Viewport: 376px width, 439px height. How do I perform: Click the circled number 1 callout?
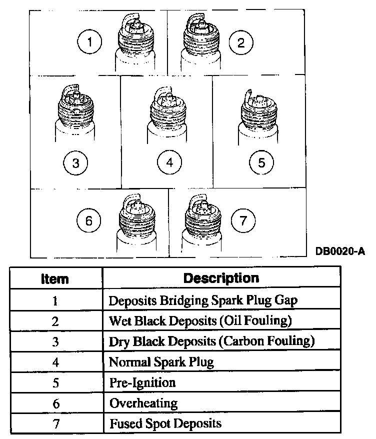90,41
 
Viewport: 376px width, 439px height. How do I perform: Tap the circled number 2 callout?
241,41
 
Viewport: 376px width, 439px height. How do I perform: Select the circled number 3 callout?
75,162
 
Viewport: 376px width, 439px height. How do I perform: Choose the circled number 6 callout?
89,221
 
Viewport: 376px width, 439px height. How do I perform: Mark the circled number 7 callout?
242,220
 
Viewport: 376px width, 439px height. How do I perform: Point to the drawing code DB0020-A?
339,250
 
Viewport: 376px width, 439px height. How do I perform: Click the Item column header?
55,278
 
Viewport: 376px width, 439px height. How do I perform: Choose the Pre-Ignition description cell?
142,382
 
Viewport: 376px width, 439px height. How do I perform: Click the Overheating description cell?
143,402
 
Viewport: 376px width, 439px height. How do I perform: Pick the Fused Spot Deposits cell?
165,423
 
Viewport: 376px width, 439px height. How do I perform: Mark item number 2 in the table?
55,321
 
